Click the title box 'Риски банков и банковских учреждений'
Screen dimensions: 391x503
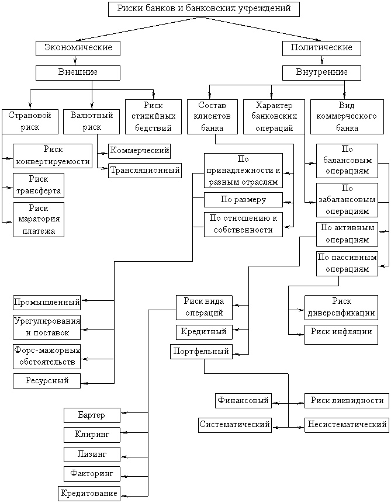(x=204, y=9)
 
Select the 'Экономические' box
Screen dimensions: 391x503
(x=78, y=48)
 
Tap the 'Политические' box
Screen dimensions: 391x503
(x=321, y=48)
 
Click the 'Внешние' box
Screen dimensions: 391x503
(x=78, y=73)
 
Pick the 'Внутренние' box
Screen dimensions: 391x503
(x=321, y=73)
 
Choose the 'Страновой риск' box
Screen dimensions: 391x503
(x=30, y=122)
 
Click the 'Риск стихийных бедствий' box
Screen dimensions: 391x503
(x=153, y=117)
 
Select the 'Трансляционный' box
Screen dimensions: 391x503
(x=145, y=171)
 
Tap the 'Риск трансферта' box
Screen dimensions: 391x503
(x=39, y=185)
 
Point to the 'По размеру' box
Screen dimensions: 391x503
(x=243, y=200)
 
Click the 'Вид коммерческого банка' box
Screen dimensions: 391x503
(x=347, y=117)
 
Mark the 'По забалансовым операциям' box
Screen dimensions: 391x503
(x=347, y=200)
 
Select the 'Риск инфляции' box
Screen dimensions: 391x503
(x=341, y=335)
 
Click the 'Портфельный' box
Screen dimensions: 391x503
(x=201, y=352)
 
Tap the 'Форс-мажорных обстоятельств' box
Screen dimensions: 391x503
(x=47, y=357)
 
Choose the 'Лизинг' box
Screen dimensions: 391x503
(x=92, y=455)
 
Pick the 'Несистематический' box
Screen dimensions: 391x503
(x=347, y=425)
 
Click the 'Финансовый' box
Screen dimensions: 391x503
(x=243, y=401)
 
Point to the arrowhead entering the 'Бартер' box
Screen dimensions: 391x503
(x=123, y=413)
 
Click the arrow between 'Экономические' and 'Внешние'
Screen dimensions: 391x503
(x=75, y=61)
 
